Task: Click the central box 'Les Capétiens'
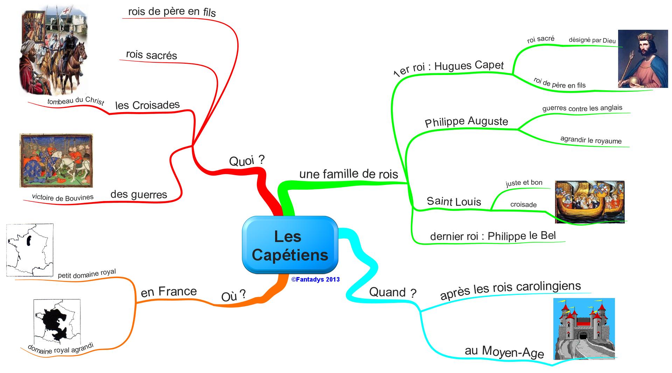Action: point(290,245)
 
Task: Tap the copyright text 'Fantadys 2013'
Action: point(315,279)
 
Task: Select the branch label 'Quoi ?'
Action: point(247,161)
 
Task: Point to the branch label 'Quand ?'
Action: point(393,292)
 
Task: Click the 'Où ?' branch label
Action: point(233,296)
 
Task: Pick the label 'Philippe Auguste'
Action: point(466,122)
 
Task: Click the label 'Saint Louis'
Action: point(454,201)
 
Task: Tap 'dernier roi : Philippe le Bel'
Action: point(493,236)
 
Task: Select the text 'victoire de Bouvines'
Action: point(63,198)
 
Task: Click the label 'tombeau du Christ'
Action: point(76,101)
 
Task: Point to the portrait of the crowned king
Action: point(643,58)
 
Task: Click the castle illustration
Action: point(584,329)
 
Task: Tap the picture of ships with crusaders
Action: point(589,202)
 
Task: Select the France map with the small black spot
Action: point(30,250)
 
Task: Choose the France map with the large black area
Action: point(57,322)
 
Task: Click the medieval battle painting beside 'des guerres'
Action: point(56,160)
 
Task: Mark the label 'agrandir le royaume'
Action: point(591,140)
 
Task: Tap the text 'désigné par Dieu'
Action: point(592,40)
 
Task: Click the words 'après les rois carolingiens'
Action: point(510,290)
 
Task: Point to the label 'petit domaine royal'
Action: point(87,274)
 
